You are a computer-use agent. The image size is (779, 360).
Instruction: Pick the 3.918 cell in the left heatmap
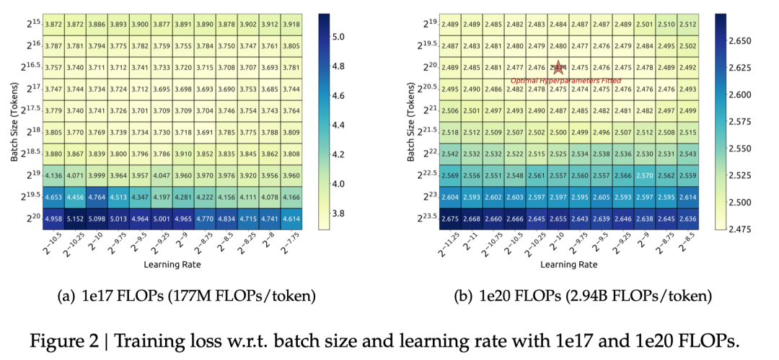click(x=291, y=25)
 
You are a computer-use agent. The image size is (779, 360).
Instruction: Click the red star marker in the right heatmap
click(x=558, y=67)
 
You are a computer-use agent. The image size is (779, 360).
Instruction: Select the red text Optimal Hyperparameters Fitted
click(x=555, y=80)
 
